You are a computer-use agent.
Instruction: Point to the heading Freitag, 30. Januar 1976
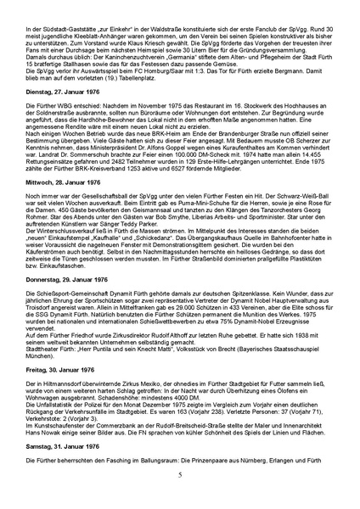tap(53, 394)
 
